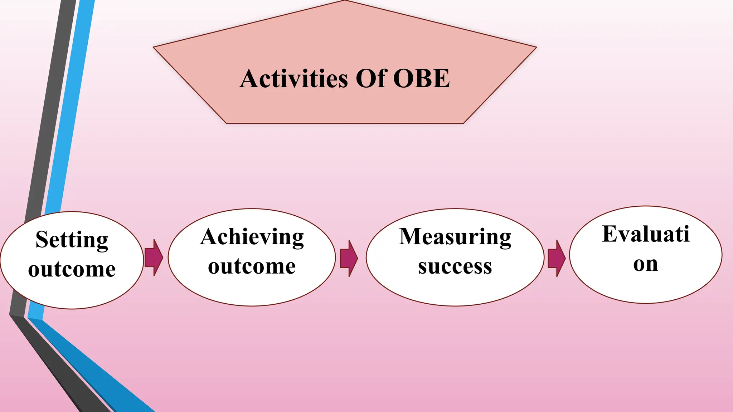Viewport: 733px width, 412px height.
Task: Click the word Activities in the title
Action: (293, 79)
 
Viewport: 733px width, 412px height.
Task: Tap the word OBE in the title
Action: (421, 79)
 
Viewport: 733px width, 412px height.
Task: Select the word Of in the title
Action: (370, 79)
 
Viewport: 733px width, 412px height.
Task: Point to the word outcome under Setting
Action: (72, 269)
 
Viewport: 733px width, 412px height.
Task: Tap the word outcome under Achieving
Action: (252, 266)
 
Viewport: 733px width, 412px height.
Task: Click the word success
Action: (455, 267)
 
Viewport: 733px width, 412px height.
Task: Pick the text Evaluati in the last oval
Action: (646, 235)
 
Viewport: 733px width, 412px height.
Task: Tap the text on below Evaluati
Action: (645, 264)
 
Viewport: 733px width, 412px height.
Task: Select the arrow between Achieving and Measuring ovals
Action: (349, 258)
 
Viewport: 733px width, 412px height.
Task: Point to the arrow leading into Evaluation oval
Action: (557, 258)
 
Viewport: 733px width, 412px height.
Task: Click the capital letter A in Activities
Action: (249, 79)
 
